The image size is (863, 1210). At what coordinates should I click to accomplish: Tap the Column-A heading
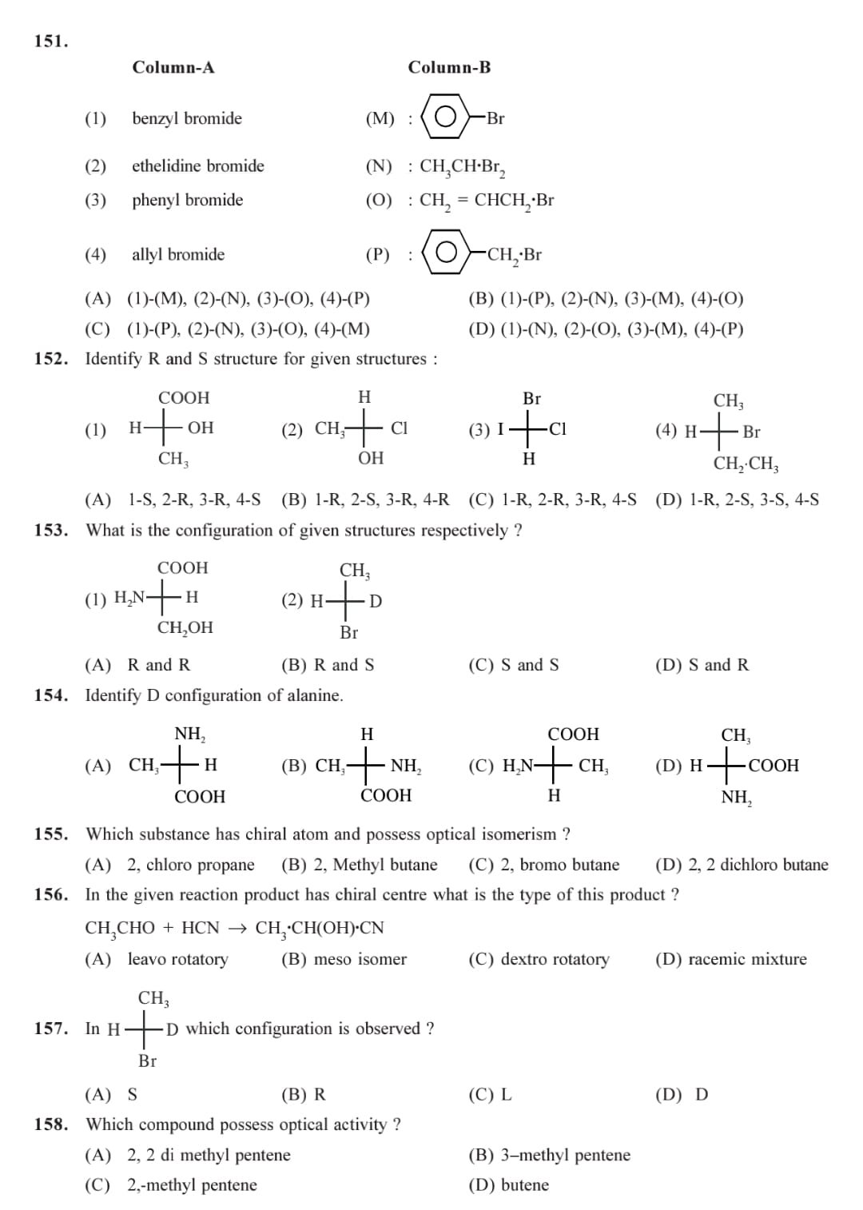(173, 67)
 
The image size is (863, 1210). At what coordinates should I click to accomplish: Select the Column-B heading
(449, 67)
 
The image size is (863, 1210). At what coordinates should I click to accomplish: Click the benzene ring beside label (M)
(445, 118)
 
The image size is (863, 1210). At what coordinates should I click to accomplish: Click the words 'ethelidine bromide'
(197, 166)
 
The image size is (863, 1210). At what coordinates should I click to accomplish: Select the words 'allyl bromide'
(177, 255)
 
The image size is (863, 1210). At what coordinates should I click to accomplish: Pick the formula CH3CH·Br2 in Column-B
(462, 167)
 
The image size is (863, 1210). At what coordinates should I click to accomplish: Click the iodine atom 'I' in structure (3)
(500, 429)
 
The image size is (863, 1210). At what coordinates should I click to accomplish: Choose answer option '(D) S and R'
(702, 665)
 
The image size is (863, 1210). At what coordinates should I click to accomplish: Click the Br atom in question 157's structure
(147, 1061)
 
